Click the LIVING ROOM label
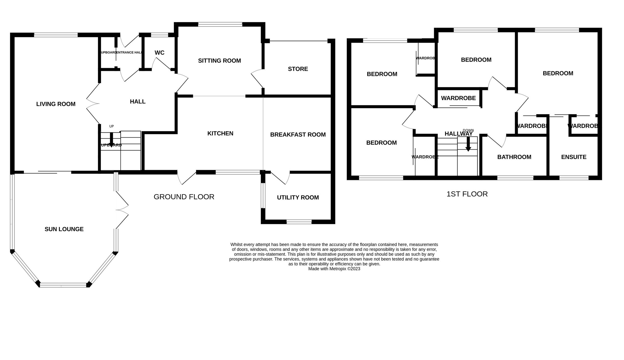(x=56, y=104)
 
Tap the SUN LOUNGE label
(x=64, y=229)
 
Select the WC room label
(x=159, y=53)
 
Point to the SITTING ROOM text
(x=219, y=61)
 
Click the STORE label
(x=298, y=69)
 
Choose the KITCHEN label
(x=220, y=133)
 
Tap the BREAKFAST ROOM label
(x=298, y=135)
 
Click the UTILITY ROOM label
(x=298, y=197)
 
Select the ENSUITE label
(x=574, y=157)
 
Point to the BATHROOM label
(x=514, y=157)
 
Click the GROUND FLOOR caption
(x=184, y=197)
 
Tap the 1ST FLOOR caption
(x=467, y=194)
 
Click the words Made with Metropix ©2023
(x=334, y=269)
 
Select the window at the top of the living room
(x=56, y=35)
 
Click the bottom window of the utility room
(x=299, y=222)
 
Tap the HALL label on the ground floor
(x=138, y=102)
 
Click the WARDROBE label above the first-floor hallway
(x=458, y=98)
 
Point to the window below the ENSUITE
(x=574, y=178)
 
